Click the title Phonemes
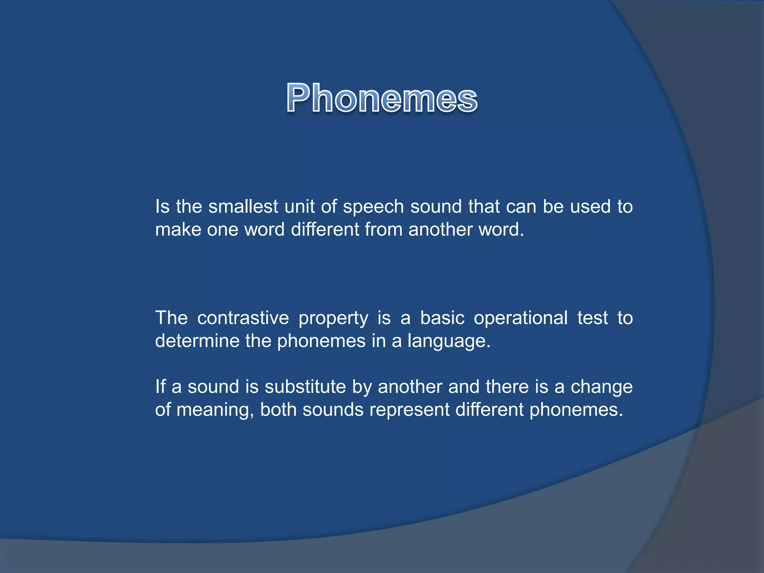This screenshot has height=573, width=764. click(382, 98)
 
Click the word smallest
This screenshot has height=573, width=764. click(243, 207)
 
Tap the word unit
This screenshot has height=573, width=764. click(299, 207)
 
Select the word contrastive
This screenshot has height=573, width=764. click(243, 318)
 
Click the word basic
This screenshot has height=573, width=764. click(442, 318)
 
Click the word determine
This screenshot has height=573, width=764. click(197, 341)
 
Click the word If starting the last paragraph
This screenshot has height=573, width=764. click(160, 387)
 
